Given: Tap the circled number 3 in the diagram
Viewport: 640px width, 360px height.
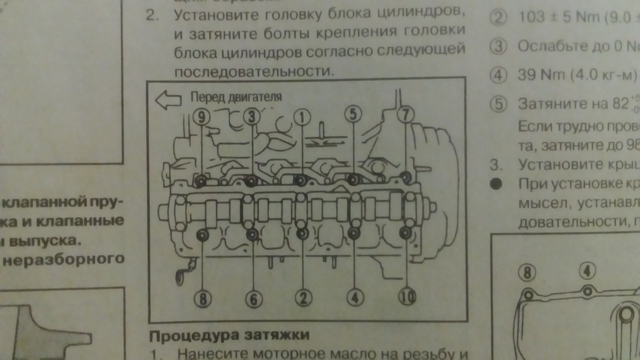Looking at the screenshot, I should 251,116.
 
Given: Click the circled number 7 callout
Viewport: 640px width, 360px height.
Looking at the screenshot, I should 406,115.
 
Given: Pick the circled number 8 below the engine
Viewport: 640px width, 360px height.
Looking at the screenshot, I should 203,299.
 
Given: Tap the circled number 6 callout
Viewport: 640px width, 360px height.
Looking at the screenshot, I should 253,299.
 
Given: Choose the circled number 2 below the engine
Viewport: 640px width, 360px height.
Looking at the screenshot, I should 303,298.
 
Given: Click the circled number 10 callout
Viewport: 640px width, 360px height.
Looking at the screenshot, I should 407,296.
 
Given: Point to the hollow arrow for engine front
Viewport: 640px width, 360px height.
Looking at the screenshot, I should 168,100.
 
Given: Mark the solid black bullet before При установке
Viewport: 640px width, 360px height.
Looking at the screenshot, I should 496,184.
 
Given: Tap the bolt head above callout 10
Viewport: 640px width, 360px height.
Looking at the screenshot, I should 405,233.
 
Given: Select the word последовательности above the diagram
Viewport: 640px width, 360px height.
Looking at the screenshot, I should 253,71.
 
